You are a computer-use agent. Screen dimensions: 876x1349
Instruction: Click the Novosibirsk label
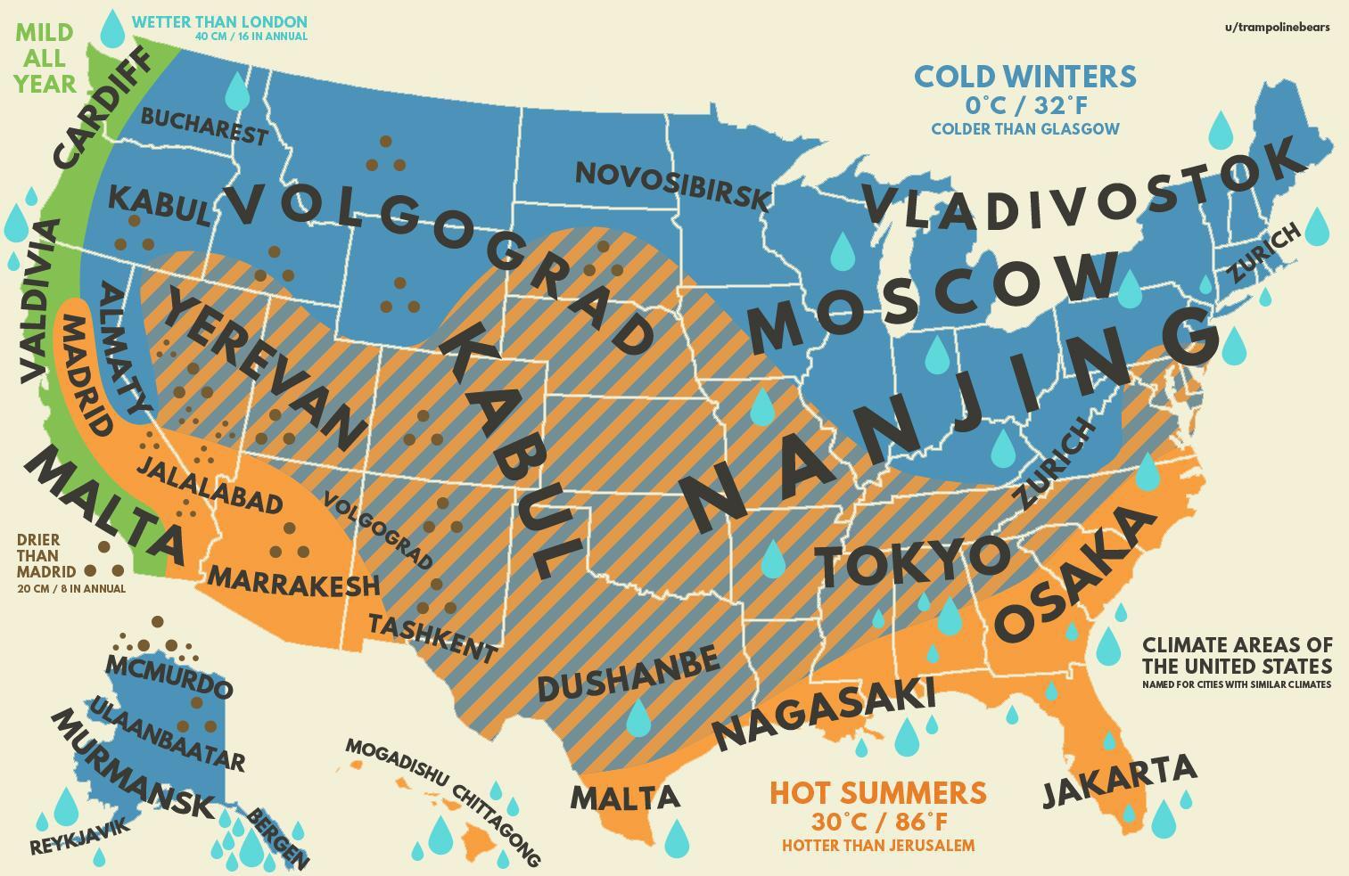click(672, 185)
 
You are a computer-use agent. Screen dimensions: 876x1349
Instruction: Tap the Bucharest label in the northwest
click(204, 127)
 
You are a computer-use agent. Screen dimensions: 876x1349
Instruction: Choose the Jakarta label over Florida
click(1120, 780)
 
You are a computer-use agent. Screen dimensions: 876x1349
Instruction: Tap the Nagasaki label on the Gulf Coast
click(826, 712)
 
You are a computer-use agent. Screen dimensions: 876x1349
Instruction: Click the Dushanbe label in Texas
click(628, 675)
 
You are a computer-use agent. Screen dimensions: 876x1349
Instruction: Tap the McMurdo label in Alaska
click(169, 676)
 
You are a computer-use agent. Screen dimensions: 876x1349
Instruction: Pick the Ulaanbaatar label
click(167, 736)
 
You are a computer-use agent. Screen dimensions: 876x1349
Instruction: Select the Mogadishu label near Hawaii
click(397, 761)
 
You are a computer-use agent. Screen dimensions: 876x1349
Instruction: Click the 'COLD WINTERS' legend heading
click(1025, 77)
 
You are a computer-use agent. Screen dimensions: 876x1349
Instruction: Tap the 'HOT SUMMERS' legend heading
click(877, 792)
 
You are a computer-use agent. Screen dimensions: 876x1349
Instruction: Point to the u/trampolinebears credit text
click(1277, 27)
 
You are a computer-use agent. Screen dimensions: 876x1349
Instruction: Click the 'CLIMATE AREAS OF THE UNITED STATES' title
click(1237, 655)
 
